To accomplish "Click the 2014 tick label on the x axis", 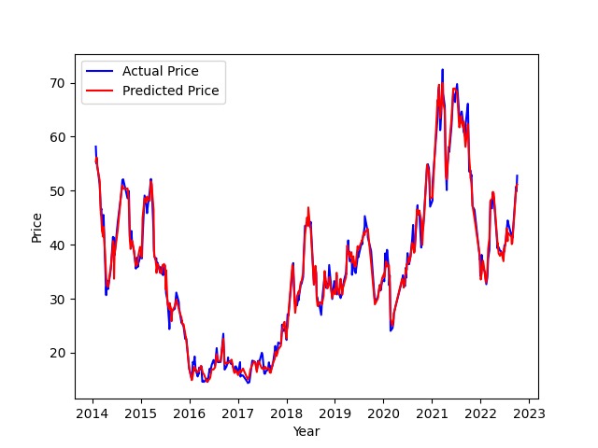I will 93,413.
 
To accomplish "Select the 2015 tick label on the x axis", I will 141,413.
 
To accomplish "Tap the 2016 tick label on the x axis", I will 190,413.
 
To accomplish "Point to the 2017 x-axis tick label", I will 238,413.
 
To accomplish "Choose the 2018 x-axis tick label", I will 287,413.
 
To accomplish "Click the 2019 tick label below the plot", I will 335,413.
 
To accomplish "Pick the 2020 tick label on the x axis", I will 384,413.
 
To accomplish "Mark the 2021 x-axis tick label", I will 433,413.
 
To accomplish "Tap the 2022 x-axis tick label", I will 481,413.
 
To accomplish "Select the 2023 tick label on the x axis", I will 530,413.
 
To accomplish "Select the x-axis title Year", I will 306,431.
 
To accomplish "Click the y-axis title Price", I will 37,227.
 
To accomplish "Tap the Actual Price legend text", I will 161,71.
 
